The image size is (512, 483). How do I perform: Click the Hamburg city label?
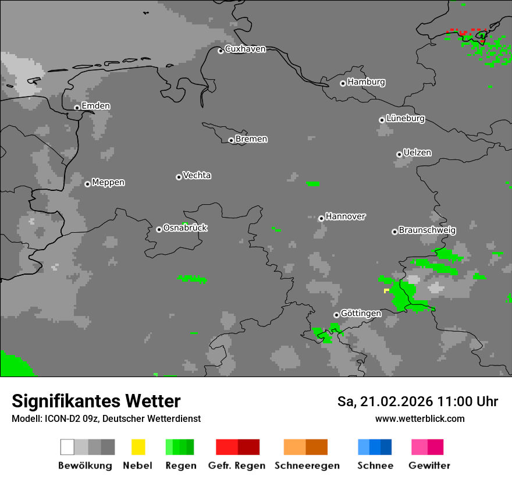point(367,82)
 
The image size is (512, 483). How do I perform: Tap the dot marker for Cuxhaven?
point(221,51)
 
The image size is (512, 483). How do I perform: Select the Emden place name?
point(95,106)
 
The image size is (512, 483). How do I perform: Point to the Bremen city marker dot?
point(231,140)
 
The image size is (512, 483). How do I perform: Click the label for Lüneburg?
point(406,119)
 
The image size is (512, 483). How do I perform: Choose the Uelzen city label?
point(417,152)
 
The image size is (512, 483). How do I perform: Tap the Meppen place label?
point(108,183)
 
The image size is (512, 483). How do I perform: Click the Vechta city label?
point(197,175)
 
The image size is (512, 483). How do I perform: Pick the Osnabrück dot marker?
point(159,229)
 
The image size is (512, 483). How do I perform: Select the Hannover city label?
point(346,216)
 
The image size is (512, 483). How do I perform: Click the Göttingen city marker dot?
point(336,315)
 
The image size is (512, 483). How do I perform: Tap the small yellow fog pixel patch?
point(386,290)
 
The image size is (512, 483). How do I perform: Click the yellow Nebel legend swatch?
point(138,447)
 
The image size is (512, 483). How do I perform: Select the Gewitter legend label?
point(429,466)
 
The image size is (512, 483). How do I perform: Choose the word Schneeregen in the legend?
point(307,466)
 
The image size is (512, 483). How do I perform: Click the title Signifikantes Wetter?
point(96,402)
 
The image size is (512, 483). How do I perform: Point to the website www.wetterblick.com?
point(419,418)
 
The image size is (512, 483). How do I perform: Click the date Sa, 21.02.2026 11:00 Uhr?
point(418,402)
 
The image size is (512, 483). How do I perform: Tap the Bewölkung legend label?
point(85,466)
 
